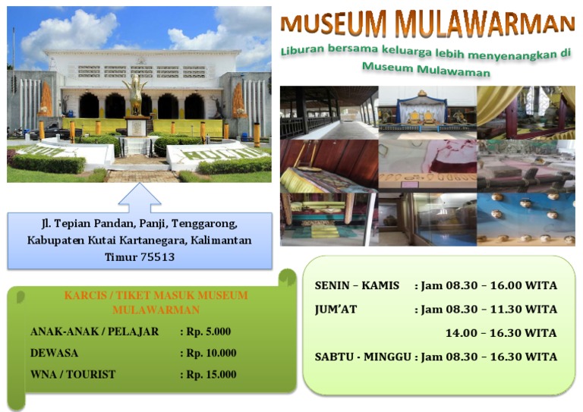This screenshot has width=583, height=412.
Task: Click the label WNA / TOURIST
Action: coord(73,374)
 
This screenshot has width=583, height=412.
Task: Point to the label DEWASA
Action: coord(54,353)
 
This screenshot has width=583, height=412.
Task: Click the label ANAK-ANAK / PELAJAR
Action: coord(94,332)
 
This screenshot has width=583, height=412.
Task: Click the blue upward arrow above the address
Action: coord(140,198)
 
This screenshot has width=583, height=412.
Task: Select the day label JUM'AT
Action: coord(336,310)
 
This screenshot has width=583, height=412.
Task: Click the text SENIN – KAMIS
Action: coord(357,286)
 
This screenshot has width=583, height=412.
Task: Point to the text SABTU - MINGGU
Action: coord(363,357)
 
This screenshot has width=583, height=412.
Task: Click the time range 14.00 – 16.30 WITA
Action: coord(501,333)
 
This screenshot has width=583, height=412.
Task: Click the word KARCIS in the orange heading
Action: coord(86,295)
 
